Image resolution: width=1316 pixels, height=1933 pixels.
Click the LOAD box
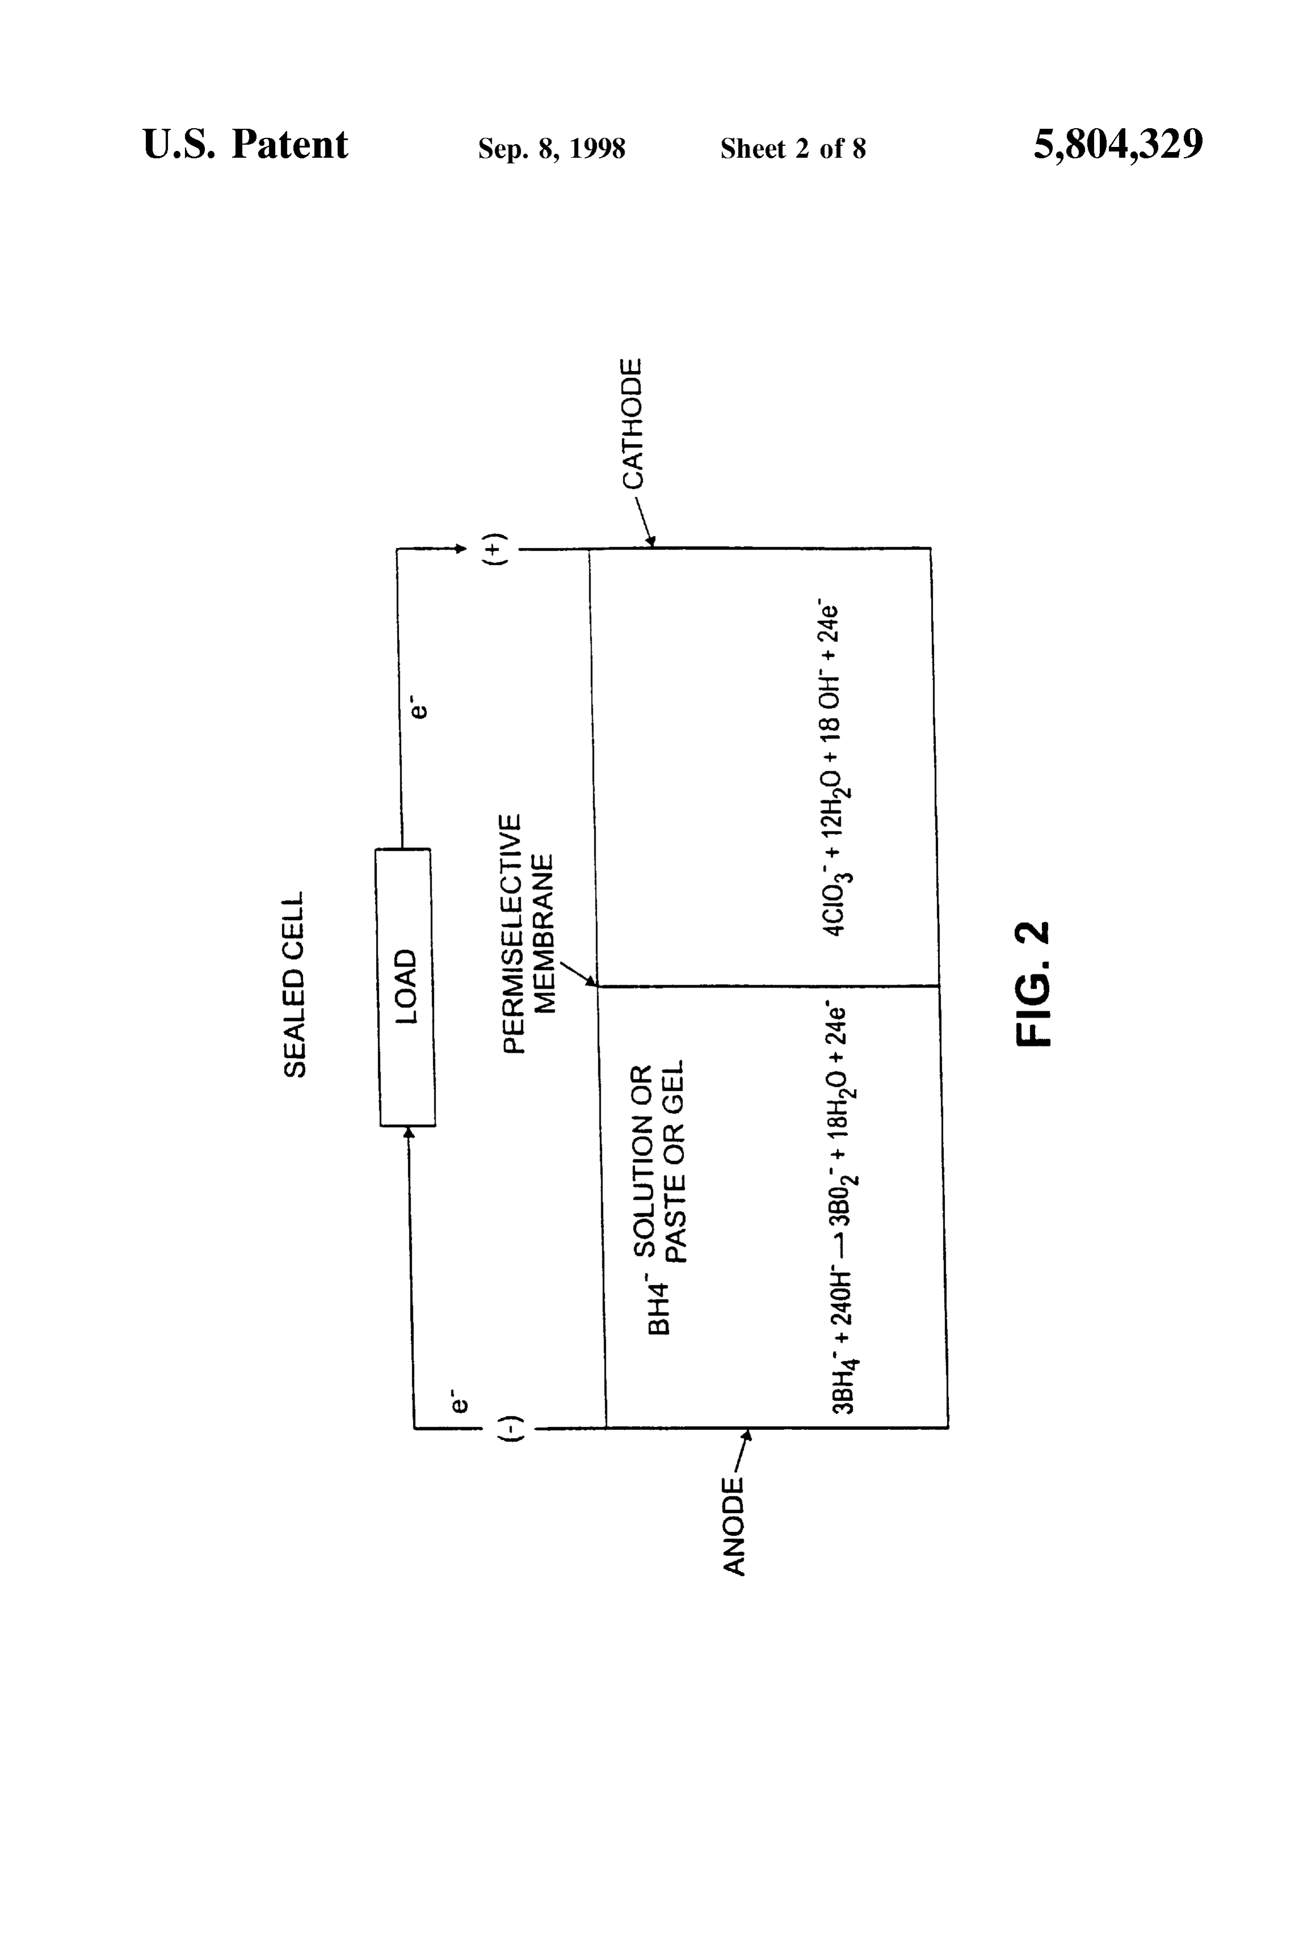[x=406, y=987]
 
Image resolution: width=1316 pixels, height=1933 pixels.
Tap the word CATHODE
[x=633, y=424]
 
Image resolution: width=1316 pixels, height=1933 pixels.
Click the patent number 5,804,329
[x=1118, y=145]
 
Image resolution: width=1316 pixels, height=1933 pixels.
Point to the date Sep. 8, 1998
[x=551, y=148]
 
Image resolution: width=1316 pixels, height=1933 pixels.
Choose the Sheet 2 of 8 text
[x=793, y=148]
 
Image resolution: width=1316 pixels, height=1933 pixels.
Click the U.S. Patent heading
[x=246, y=144]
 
